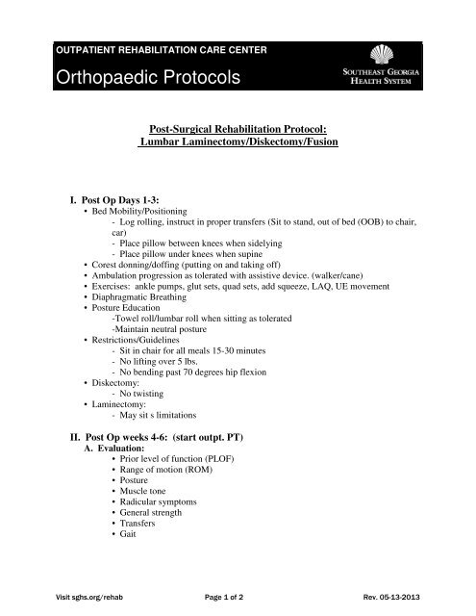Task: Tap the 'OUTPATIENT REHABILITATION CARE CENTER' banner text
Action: (x=163, y=49)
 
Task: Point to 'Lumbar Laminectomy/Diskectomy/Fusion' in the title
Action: (x=238, y=142)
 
